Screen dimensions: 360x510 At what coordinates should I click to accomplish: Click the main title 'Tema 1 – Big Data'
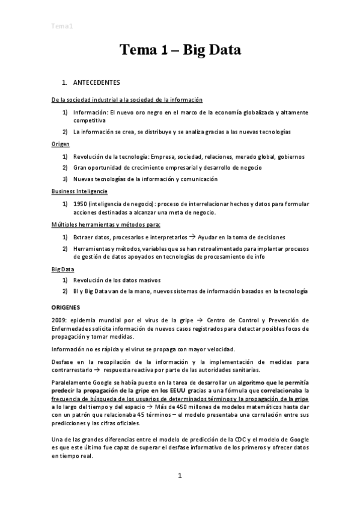click(x=180, y=50)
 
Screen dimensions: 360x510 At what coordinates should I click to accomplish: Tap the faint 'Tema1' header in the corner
click(x=63, y=26)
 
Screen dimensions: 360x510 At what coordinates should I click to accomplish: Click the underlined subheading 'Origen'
click(x=60, y=145)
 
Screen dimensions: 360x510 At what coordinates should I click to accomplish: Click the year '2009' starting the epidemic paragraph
click(x=59, y=319)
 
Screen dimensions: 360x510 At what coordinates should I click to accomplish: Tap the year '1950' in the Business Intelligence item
click(x=82, y=204)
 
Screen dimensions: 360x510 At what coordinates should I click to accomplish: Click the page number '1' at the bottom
click(x=180, y=476)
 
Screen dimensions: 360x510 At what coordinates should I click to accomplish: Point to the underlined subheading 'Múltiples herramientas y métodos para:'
click(x=105, y=225)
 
